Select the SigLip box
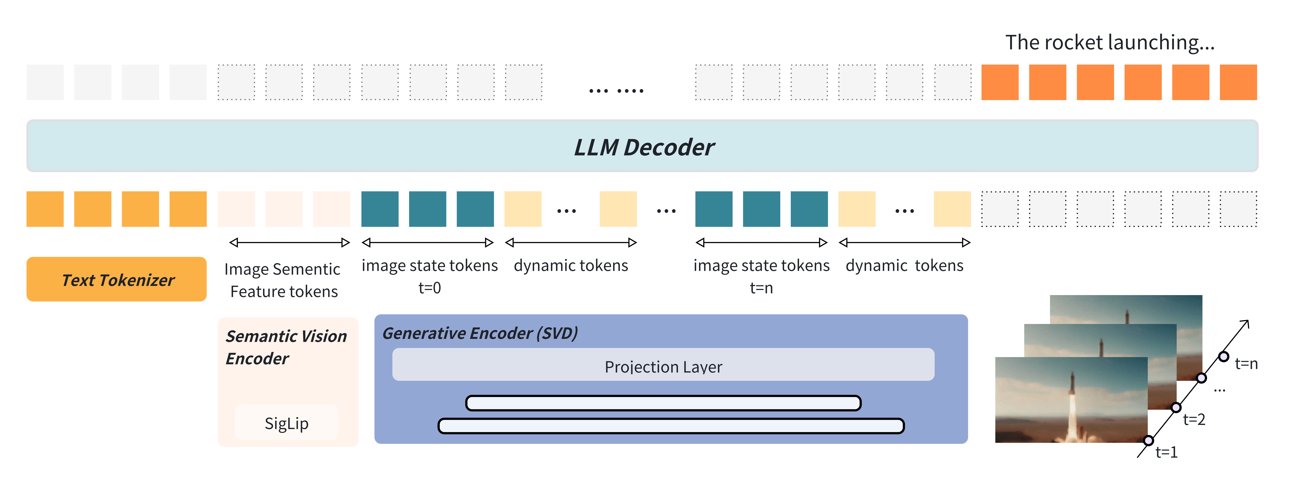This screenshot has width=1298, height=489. point(286,423)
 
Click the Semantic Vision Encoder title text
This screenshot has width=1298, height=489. point(286,347)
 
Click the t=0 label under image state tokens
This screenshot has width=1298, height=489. point(429,288)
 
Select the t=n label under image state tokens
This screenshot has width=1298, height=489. point(761,288)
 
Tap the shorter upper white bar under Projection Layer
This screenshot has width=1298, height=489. point(663,403)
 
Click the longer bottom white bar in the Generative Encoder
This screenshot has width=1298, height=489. point(671,426)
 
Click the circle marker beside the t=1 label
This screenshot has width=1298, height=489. point(1148,441)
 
